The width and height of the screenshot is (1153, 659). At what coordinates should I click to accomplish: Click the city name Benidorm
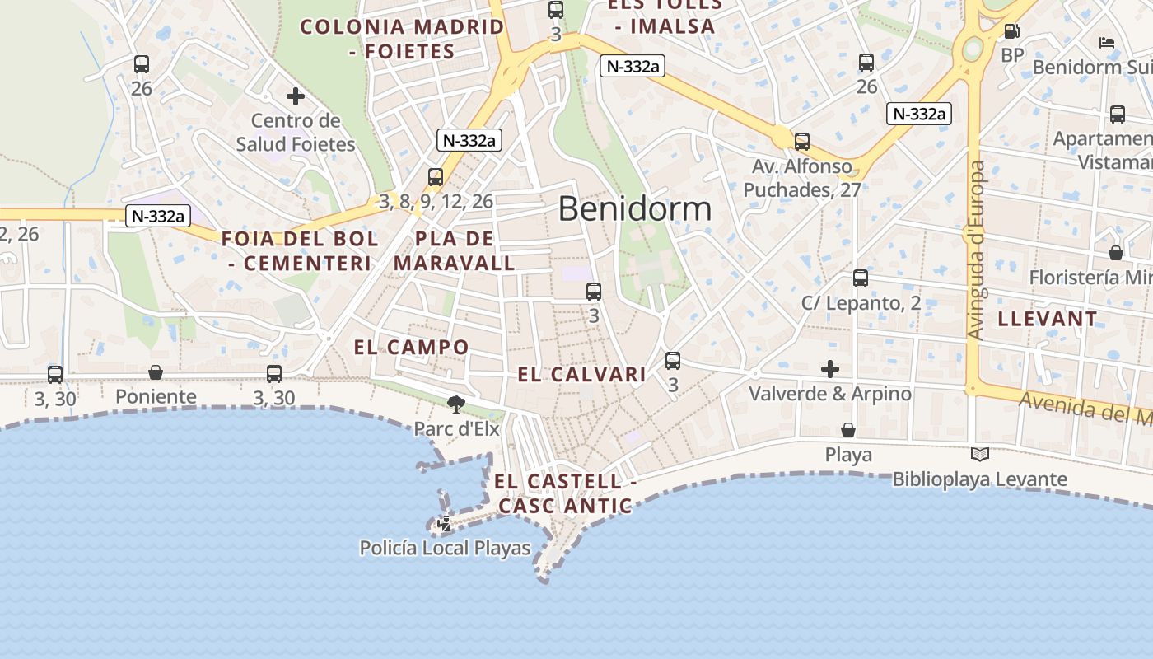634,208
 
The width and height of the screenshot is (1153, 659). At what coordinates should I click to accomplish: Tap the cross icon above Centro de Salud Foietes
296,96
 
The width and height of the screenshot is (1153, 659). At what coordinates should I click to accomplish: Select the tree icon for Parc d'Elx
455,404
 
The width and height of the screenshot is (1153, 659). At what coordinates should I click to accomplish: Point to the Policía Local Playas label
445,548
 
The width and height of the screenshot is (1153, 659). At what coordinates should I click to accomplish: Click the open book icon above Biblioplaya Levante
979,454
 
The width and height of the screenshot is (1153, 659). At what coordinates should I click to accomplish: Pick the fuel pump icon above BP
1011,31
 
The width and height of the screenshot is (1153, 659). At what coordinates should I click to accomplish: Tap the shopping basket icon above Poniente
156,372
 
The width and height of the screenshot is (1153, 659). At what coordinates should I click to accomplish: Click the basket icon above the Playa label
848,430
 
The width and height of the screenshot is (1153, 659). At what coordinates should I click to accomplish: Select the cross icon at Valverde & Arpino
830,368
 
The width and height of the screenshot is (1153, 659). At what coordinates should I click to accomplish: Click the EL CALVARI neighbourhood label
581,375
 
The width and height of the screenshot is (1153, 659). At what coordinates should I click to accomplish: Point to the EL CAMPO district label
411,347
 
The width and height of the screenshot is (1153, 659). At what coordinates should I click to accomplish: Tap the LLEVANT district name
1048,319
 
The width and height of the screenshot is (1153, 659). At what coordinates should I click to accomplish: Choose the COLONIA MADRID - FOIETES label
402,39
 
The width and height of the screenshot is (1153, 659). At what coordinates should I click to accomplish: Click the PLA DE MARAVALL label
455,251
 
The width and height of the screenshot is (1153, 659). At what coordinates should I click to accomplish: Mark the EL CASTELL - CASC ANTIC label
565,493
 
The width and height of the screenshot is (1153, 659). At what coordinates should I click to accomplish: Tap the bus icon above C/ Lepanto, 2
861,278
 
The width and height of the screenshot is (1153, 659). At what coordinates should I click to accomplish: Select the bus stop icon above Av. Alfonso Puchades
802,141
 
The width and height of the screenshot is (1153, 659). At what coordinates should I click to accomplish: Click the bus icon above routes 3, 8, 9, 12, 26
436,176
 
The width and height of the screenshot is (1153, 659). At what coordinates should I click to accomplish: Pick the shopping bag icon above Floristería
1116,252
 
